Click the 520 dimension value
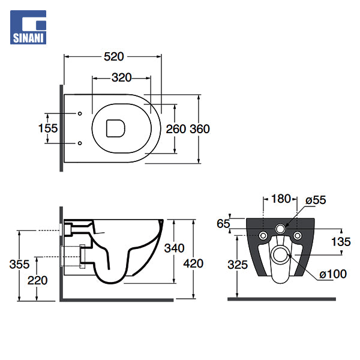[x=113, y=56]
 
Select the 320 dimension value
[x=121, y=77]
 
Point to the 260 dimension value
[x=175, y=128]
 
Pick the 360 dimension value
[x=199, y=128]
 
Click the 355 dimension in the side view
[x=20, y=263]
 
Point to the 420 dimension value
[x=194, y=263]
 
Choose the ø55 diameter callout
[x=315, y=200]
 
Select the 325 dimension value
[x=238, y=263]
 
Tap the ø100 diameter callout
[x=332, y=274]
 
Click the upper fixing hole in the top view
[x=80, y=113]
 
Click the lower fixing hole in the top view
[x=80, y=143]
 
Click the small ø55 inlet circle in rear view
[x=280, y=229]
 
